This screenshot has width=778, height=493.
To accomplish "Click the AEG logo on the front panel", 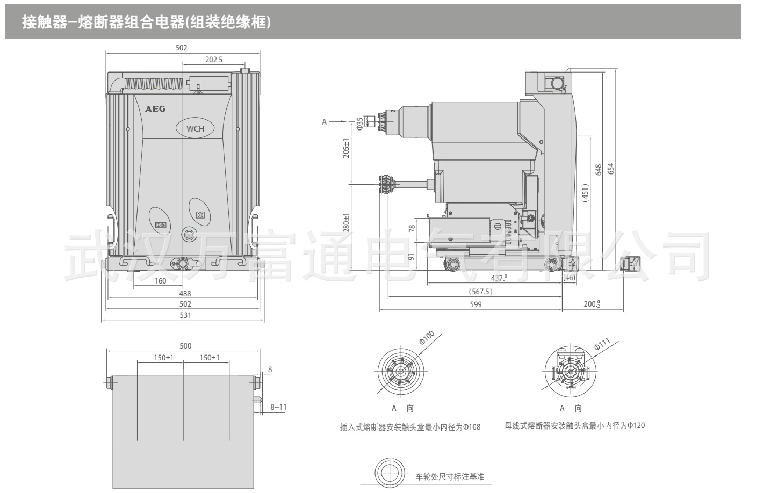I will point(155,108).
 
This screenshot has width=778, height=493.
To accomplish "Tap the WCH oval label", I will point(195,128).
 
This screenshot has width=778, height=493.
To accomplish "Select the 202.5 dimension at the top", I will point(213,60).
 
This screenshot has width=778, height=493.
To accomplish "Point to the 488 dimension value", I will point(185,294).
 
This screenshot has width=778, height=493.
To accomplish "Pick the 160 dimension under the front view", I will point(160,280).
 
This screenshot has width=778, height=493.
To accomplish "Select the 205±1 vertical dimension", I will point(347,148).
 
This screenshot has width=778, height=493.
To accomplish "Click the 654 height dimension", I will point(610,168).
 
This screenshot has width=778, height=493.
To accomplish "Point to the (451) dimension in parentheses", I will point(585,193).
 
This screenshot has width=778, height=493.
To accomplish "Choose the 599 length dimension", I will point(476,304).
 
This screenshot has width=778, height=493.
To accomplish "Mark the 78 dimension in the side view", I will point(412,228).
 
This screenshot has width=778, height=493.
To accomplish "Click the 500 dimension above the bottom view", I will point(185,346).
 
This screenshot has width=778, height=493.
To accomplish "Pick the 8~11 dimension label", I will point(278,407).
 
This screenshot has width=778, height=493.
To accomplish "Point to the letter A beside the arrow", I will point(324,122).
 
